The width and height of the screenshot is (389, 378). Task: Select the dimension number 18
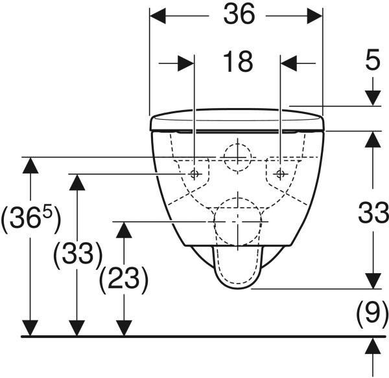click(x=237, y=63)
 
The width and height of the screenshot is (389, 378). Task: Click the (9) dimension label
click(x=371, y=315)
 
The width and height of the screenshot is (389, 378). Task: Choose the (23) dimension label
click(x=123, y=279)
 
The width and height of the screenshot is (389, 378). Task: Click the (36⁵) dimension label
click(x=30, y=219)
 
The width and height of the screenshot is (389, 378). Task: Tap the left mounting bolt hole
click(x=194, y=173)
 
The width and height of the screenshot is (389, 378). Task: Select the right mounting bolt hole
click(x=280, y=173)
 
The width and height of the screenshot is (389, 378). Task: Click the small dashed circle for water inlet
click(x=237, y=155)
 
